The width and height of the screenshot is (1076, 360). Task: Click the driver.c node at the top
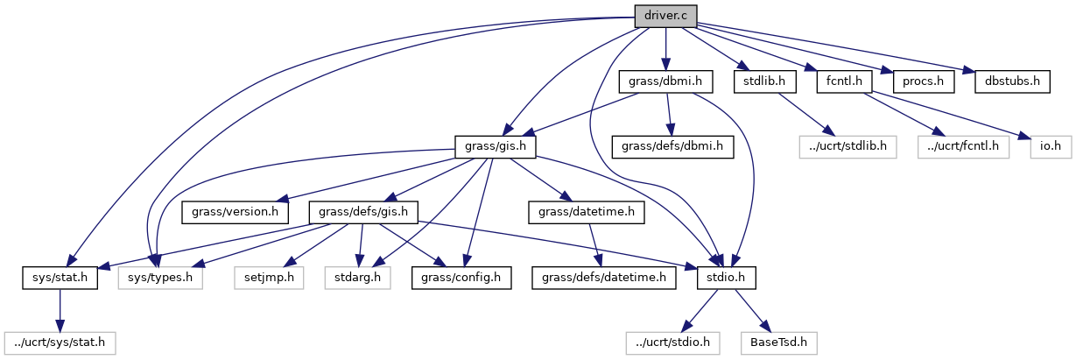tap(665, 15)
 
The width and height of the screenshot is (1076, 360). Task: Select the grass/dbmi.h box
tap(665, 81)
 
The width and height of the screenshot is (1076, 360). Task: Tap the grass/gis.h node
tap(495, 145)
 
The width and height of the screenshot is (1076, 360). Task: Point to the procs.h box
tap(922, 81)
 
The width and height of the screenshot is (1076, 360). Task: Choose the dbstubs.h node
tap(1012, 81)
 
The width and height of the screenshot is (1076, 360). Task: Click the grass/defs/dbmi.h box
tap(672, 145)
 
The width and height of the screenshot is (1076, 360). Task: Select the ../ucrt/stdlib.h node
tap(847, 145)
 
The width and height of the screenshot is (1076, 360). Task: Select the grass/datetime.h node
tap(587, 212)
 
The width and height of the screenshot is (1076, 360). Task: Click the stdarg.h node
tap(355, 278)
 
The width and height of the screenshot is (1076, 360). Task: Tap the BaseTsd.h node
tap(779, 342)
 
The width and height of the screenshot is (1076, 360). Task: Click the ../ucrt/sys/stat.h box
tap(59, 342)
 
